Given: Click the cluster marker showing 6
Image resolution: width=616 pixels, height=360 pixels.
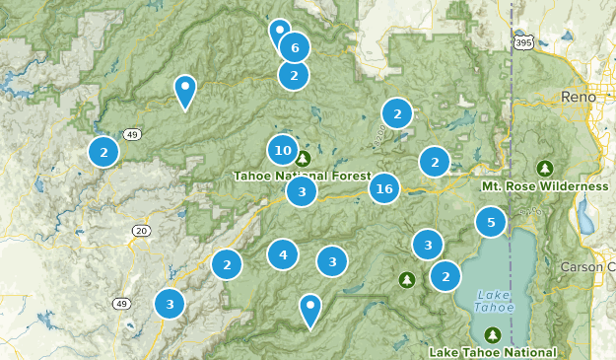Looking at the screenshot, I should pos(294,46).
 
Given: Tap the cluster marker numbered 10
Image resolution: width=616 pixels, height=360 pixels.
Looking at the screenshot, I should pos(283,150).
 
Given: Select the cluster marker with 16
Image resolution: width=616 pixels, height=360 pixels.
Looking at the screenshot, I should pos(384,188).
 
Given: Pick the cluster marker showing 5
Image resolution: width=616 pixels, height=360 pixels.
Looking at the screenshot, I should pos(491,222).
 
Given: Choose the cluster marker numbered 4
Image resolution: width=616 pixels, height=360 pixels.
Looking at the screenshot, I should pos(283,254).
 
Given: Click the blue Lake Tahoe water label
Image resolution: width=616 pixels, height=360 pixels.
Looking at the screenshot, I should pos(493,301).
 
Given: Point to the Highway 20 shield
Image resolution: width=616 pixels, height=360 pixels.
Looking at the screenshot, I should pos(142,231).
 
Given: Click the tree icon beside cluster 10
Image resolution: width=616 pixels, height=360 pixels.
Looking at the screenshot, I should pos(304,158).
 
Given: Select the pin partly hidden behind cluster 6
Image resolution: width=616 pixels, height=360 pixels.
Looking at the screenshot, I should pos(279,32).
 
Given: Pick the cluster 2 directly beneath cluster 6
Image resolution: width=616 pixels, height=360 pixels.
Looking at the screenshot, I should pos(294,75).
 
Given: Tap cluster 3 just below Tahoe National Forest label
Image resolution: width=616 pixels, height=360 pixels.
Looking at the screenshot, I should pos(302,191).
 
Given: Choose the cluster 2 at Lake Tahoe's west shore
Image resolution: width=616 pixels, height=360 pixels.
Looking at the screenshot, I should pos(445,276).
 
